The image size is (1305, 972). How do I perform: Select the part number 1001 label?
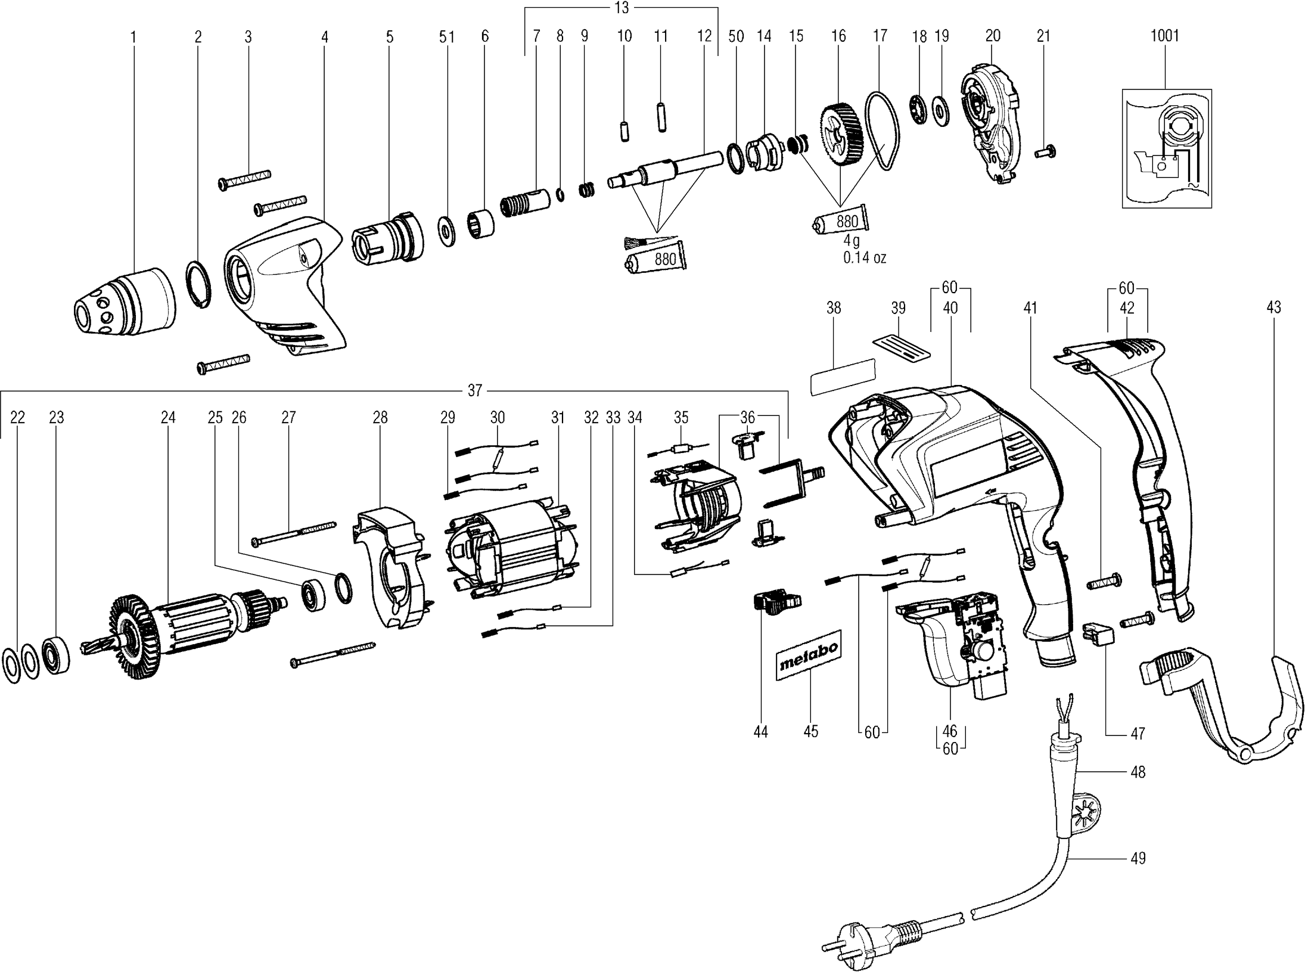[1164, 36]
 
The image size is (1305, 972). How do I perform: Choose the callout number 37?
[474, 391]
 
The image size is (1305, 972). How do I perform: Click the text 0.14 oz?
[864, 258]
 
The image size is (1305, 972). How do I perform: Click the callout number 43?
[1273, 308]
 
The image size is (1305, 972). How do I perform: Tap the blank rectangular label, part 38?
[843, 377]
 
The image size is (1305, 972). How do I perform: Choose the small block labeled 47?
[1098, 633]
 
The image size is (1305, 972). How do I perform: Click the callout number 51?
[447, 37]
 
